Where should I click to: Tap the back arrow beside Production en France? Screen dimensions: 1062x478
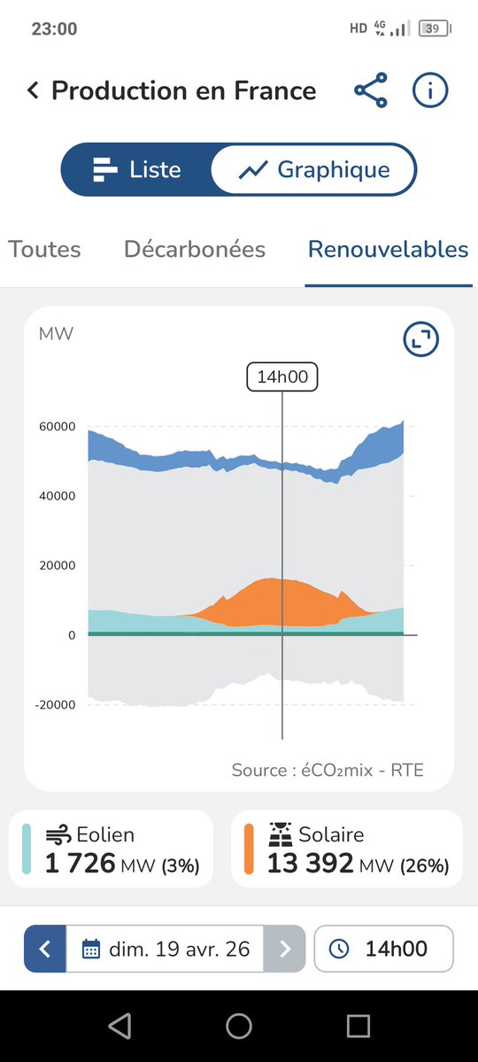point(33,90)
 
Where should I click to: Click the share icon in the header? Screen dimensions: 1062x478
point(370,90)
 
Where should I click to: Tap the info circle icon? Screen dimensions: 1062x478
point(430,90)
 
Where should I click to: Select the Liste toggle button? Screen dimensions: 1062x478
point(136,169)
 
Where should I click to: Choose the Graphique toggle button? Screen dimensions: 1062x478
point(314,169)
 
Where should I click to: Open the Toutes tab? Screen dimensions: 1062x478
point(44,250)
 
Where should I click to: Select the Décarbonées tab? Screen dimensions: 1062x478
point(195,250)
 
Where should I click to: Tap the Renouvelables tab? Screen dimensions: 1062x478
point(388,250)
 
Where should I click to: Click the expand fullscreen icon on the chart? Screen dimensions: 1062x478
point(420,339)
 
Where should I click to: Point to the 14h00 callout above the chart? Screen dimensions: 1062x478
point(281,377)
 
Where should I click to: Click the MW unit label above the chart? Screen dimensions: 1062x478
point(56,334)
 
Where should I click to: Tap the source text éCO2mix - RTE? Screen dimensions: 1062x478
point(328,770)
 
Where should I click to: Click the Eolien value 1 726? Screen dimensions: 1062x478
point(80,863)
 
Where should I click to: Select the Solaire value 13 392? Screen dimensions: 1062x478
point(310,863)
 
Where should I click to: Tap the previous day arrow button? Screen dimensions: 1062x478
point(45,950)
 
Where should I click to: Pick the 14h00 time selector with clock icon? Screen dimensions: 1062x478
point(383,950)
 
